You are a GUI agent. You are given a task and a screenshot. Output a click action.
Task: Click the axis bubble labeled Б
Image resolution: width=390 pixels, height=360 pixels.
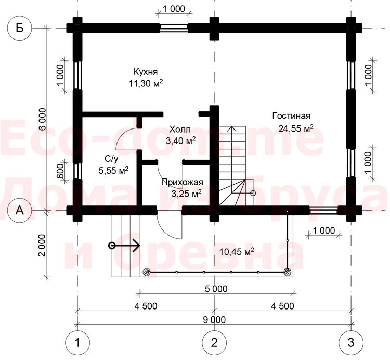tap(20, 28)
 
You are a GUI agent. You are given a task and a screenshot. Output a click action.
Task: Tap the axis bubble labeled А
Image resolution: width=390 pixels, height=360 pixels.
tap(20, 211)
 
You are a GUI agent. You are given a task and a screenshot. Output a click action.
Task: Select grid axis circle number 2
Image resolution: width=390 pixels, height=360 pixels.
tap(214, 343)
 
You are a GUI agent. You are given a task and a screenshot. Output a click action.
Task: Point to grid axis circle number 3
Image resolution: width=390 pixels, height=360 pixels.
tap(351, 343)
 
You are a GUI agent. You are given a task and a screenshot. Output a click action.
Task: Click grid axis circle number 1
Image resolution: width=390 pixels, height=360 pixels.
tap(77, 343)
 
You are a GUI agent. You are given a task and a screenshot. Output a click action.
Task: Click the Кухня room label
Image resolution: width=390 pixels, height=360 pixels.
tap(146, 72)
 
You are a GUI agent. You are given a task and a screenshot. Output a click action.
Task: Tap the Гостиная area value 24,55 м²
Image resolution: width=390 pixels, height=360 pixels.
tap(295, 128)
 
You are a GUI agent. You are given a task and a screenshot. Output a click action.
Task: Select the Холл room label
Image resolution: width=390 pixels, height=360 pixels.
tap(180, 130)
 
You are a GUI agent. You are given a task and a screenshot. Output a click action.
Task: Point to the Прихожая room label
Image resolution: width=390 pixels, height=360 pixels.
tap(183, 182)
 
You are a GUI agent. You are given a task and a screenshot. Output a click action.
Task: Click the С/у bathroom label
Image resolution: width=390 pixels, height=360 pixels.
tap(111, 159)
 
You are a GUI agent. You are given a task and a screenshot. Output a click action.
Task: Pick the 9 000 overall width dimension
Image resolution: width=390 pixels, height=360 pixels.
tap(214, 319)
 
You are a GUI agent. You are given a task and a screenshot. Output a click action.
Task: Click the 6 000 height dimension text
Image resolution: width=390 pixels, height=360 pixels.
tap(43, 119)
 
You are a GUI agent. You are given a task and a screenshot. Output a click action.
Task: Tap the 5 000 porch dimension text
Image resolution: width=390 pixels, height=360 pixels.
tap(216, 289)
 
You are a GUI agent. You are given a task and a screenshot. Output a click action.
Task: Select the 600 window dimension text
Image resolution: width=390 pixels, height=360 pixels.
tap(60, 171)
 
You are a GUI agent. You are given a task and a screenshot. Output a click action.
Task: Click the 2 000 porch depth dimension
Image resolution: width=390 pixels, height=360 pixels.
tap(43, 246)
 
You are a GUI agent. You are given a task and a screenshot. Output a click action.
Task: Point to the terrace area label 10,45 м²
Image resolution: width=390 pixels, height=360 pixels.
tap(237, 251)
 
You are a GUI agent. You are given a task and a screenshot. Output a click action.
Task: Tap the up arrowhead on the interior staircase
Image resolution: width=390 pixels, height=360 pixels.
tap(232, 128)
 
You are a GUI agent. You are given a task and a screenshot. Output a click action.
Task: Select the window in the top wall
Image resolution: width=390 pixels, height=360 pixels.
tap(174, 28)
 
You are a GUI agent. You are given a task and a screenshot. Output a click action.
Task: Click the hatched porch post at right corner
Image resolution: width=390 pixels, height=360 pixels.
tap(288, 272)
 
